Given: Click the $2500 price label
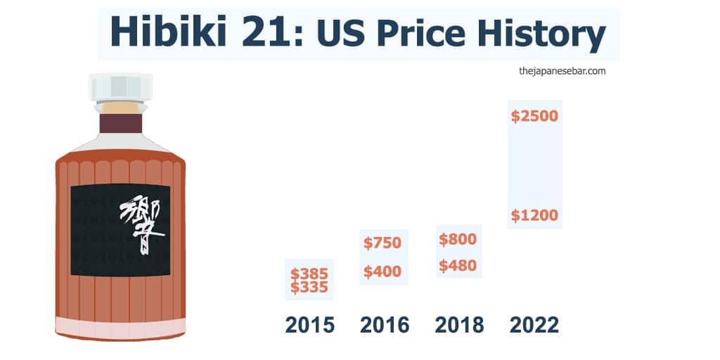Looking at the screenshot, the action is click(x=534, y=116).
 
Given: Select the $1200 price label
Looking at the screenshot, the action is click(x=534, y=215).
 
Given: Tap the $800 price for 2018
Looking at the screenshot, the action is click(x=458, y=239).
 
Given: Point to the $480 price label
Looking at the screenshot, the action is click(x=458, y=265).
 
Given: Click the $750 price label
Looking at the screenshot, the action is click(x=382, y=243).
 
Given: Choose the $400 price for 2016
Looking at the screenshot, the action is click(x=382, y=272).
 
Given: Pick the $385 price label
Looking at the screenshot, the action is click(x=309, y=274).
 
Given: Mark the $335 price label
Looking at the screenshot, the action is click(x=309, y=288).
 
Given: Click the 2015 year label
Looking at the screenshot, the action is click(x=310, y=325).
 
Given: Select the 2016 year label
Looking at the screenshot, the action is click(x=385, y=325).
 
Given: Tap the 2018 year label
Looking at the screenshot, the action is click(x=459, y=325).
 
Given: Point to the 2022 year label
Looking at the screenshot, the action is click(x=534, y=325).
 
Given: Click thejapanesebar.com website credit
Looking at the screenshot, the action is click(x=562, y=71).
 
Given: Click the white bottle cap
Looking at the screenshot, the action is click(x=121, y=87).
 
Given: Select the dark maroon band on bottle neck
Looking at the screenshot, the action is click(x=121, y=124).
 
